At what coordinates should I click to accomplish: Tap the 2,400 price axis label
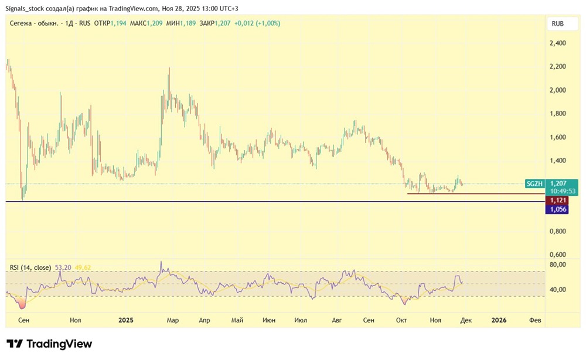coord(557,43)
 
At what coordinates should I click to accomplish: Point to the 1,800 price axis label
coord(557,114)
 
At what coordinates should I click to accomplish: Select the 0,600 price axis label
coord(557,254)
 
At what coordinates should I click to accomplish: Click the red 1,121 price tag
coord(557,200)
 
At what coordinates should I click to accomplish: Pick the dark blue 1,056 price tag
coord(557,209)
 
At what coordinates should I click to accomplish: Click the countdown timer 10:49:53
coord(561,191)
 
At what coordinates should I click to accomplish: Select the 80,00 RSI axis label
coord(558,265)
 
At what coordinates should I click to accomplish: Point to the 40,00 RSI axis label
coord(558,290)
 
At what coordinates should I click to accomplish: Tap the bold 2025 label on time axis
coord(126,320)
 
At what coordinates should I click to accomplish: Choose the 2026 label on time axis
coord(499,320)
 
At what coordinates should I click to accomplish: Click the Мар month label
coord(172,320)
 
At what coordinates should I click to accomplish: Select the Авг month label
coord(337,320)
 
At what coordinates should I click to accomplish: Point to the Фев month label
coord(535,320)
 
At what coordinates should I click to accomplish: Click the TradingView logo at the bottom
coord(49,344)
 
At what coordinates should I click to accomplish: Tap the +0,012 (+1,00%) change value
coord(257,23)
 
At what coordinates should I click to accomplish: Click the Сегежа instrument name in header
coord(22,23)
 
